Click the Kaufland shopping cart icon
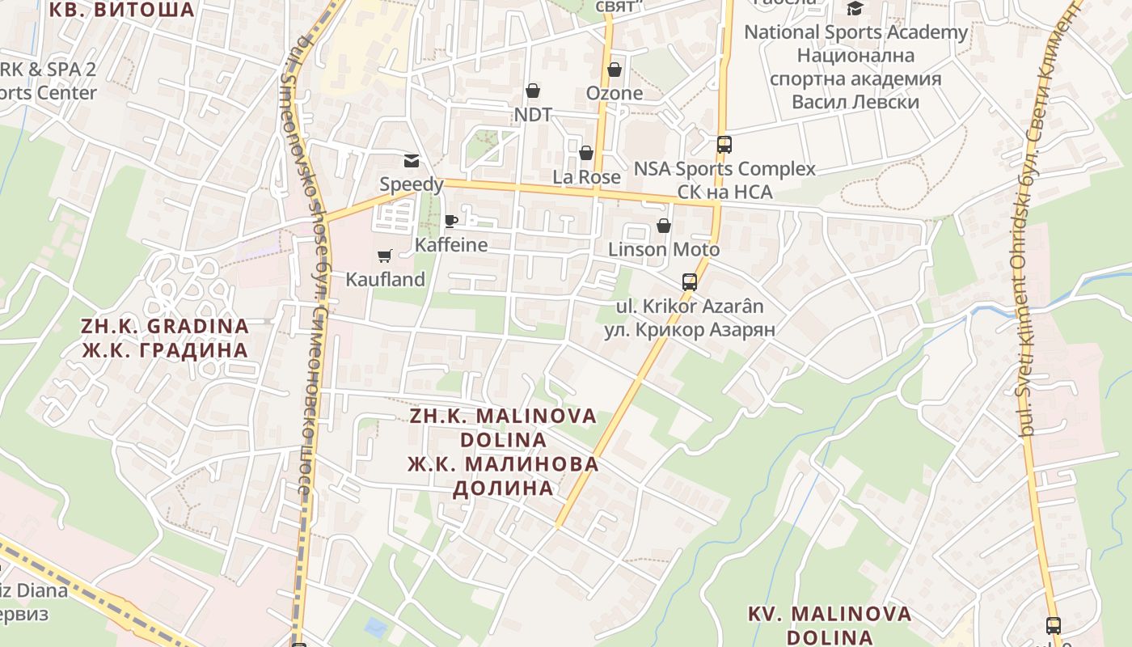(x=385, y=256)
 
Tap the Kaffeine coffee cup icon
(x=451, y=221)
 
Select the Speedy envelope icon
(x=412, y=160)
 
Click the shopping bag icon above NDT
(x=533, y=91)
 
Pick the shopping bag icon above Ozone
(x=615, y=70)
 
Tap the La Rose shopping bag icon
(x=586, y=153)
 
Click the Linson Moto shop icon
(x=664, y=226)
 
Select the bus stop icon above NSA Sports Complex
(x=724, y=145)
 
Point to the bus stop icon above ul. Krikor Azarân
(x=690, y=282)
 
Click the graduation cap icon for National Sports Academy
(x=855, y=9)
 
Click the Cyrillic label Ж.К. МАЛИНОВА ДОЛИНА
(x=503, y=476)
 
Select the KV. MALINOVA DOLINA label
(x=830, y=625)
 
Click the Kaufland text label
(x=386, y=280)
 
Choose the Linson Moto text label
(x=664, y=250)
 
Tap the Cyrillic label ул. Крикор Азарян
(x=690, y=330)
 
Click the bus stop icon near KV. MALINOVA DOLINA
(x=1054, y=625)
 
